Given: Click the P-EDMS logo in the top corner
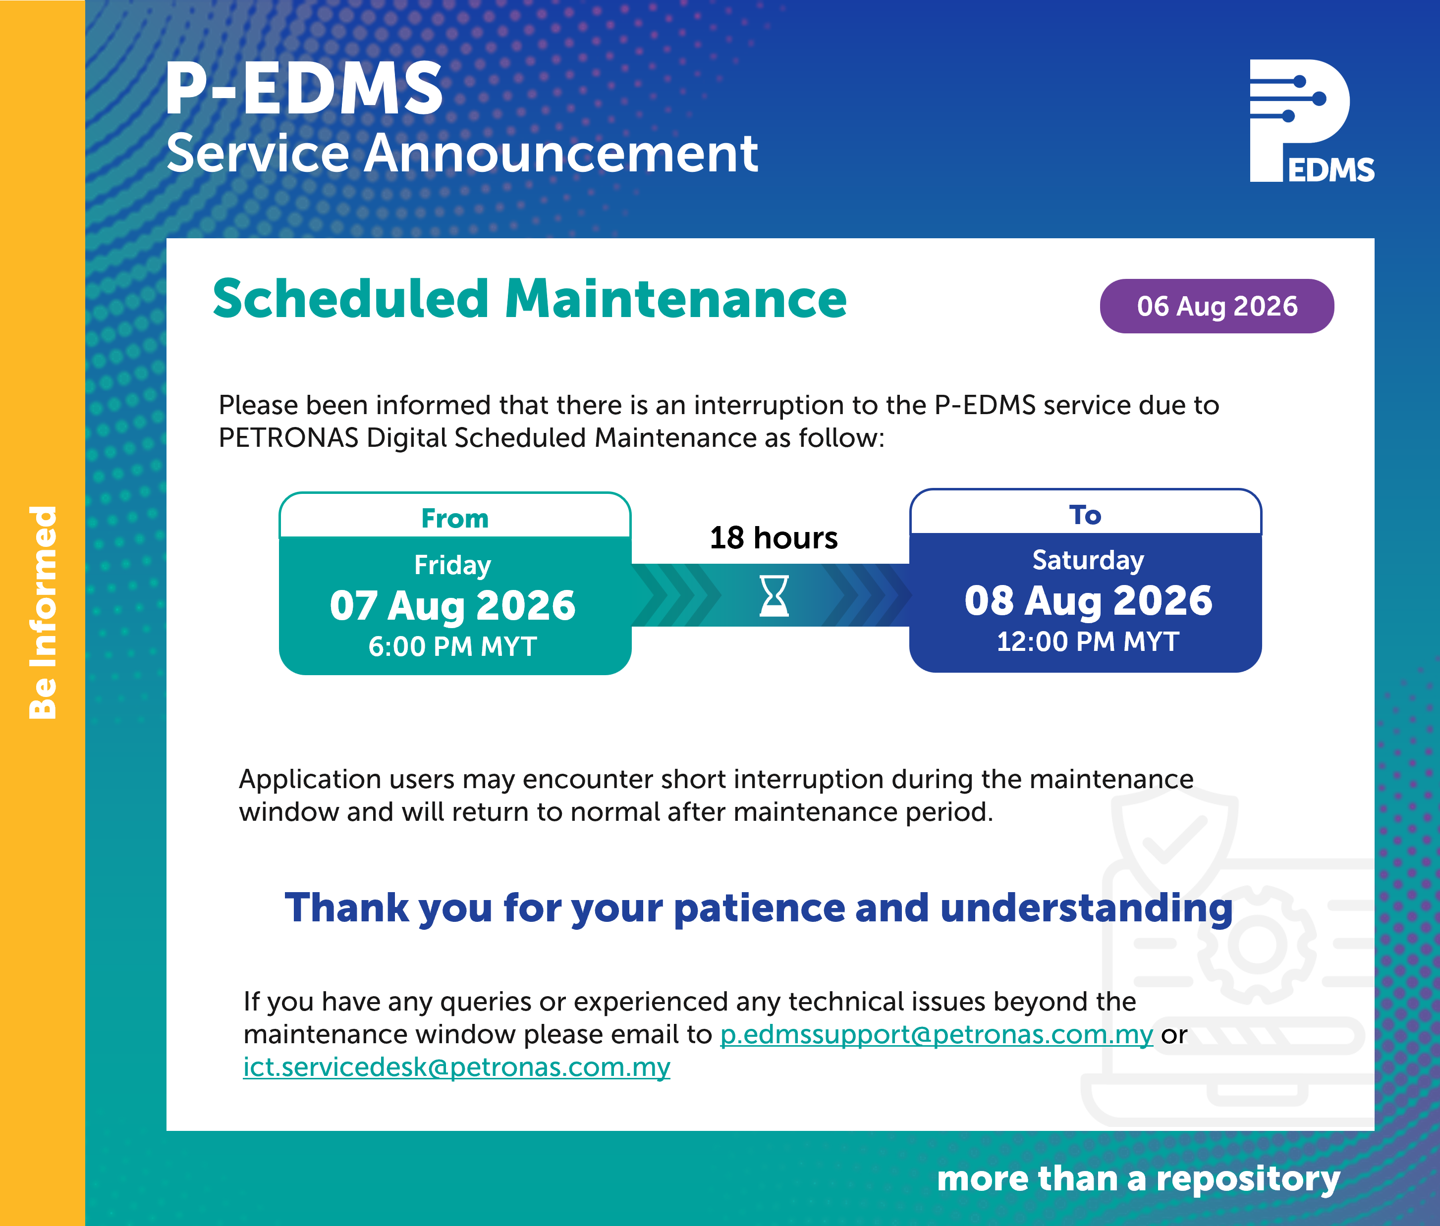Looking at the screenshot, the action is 1311,121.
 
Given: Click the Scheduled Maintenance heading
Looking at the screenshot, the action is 530,299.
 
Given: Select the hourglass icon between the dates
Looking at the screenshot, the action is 774,596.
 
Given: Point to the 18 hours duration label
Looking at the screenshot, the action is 774,537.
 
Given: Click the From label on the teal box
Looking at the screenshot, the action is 455,518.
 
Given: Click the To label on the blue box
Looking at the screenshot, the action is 1085,515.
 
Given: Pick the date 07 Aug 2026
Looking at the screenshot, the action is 452,605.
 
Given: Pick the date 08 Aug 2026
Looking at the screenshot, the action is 1088,600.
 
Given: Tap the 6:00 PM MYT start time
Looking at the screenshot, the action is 452,647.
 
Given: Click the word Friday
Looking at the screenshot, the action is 452,565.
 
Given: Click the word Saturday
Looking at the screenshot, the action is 1088,560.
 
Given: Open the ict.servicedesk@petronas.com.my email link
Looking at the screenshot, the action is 456,1067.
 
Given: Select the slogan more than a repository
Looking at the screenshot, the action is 1138,1179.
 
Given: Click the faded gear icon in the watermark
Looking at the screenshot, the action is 1257,945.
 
